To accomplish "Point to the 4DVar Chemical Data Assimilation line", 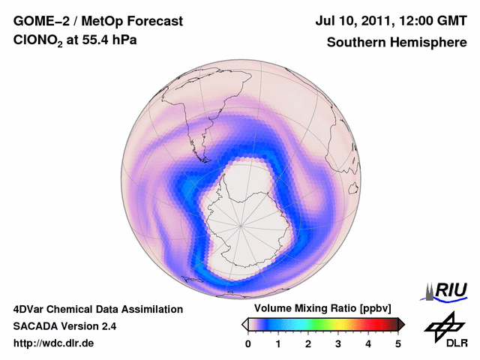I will point(97,309).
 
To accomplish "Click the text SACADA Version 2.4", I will point(64,326).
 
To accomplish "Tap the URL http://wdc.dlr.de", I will point(54,343).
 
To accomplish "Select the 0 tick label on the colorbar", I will point(248,343).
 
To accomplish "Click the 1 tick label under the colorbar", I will point(278,343).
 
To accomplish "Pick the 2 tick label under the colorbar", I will point(308,343).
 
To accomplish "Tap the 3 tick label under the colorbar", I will point(338,343).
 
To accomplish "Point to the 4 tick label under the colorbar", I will point(368,343).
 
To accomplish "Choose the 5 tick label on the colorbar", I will point(398,343).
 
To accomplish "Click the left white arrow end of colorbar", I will point(244,324).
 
